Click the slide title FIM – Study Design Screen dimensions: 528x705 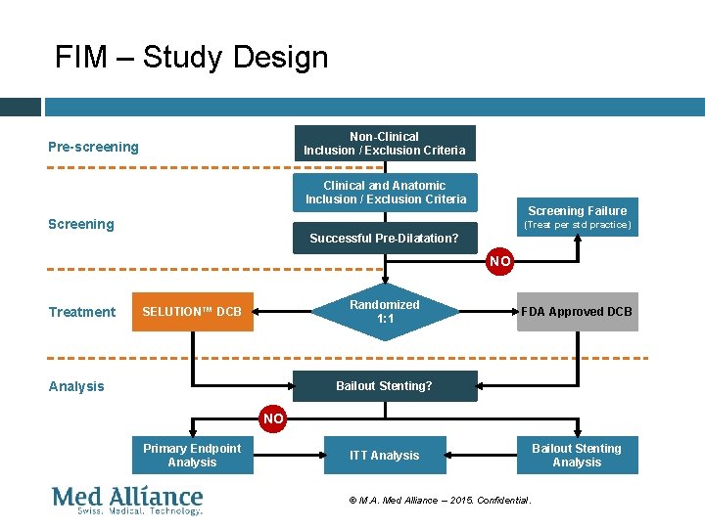(191, 57)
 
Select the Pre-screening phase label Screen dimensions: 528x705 (94, 147)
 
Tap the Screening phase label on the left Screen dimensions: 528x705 (81, 224)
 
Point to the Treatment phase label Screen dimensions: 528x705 (82, 312)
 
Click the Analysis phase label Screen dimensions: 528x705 (76, 386)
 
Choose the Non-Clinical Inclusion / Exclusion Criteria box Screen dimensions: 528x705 (385, 144)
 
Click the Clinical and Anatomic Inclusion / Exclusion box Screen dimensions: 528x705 (385, 193)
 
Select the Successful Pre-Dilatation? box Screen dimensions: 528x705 (384, 239)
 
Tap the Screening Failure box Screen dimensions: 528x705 (577, 217)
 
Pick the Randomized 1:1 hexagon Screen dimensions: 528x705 (385, 312)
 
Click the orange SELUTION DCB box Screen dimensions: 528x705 (192, 312)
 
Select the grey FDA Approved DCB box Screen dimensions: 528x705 (577, 312)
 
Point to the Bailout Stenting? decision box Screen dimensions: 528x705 (384, 385)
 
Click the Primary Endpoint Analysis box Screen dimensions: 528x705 (192, 455)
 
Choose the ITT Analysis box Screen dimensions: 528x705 (384, 455)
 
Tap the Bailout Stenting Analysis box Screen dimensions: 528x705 (577, 455)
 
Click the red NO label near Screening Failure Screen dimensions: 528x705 (500, 261)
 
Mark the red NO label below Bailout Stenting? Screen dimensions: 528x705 (273, 418)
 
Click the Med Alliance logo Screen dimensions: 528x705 (127, 500)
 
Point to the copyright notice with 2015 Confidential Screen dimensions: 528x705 (440, 500)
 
